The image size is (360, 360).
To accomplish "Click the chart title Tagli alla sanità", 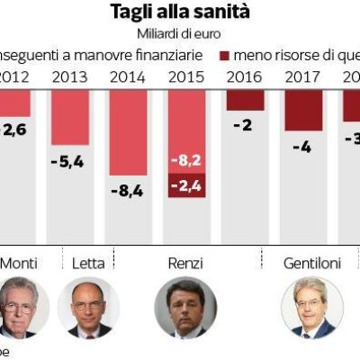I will tap(179, 12).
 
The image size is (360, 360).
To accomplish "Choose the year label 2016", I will tap(246, 76).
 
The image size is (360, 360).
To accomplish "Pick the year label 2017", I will tap(302, 76).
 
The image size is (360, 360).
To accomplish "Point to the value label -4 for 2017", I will tap(302, 147).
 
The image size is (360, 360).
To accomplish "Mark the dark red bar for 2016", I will tap(246, 99).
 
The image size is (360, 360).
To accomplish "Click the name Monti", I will tap(25, 263).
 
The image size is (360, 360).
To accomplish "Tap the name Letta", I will tap(88, 263).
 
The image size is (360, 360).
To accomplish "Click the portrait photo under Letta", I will tap(88, 307).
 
